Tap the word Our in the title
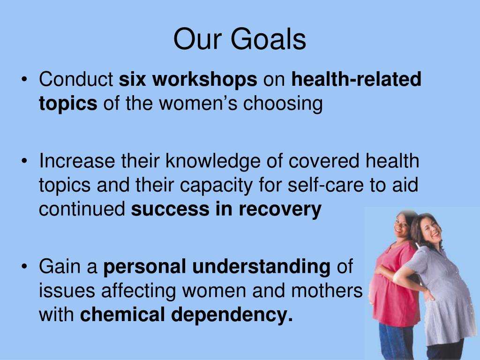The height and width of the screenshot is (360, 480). pyautogui.click(x=196, y=39)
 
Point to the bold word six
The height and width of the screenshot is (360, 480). pyautogui.click(x=133, y=80)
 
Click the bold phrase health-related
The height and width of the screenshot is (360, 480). pyautogui.click(x=356, y=80)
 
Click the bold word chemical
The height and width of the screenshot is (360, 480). pyautogui.click(x=123, y=315)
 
